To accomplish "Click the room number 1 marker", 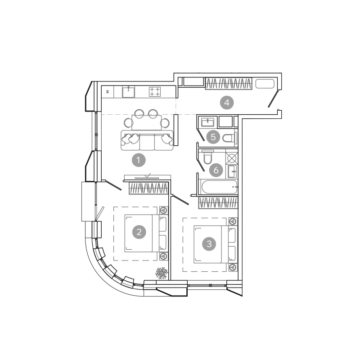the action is point(139,160).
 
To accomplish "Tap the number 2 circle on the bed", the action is point(139,232).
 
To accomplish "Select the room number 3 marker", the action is point(209,243).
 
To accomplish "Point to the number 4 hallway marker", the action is point(227,103).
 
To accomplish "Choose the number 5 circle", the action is point(213,137).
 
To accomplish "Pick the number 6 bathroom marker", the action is point(216,170).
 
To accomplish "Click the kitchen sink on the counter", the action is point(128,92).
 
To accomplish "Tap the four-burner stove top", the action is point(155,92).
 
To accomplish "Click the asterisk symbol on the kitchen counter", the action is point(108,92).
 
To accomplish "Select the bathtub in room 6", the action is point(219,187).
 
